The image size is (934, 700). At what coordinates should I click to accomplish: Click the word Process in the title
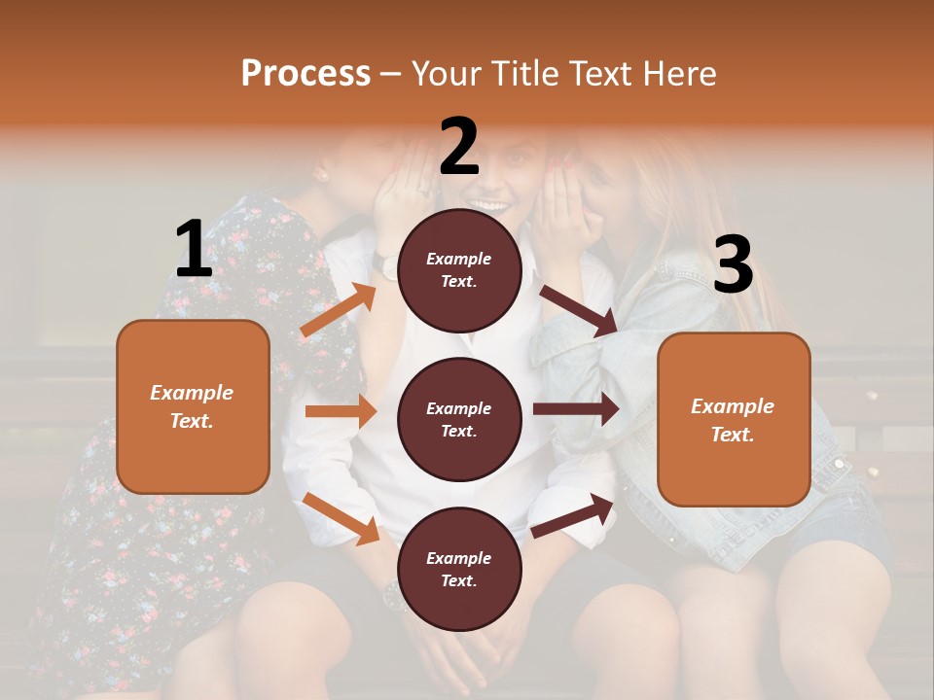click(x=305, y=73)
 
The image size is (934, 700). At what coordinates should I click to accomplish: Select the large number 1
click(x=194, y=250)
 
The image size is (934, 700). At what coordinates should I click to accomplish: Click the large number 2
click(x=459, y=146)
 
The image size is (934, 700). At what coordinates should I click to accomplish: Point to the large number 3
click(x=733, y=264)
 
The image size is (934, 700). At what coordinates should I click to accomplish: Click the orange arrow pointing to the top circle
click(x=339, y=310)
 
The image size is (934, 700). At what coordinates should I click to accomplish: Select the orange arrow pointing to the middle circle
click(x=341, y=411)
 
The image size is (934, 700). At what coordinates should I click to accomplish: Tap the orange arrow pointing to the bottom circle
click(x=341, y=517)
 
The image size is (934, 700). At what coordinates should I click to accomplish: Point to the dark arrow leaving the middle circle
click(x=576, y=409)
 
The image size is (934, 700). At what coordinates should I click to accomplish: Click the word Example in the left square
click(x=192, y=393)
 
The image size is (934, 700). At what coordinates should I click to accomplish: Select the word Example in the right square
click(x=733, y=406)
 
